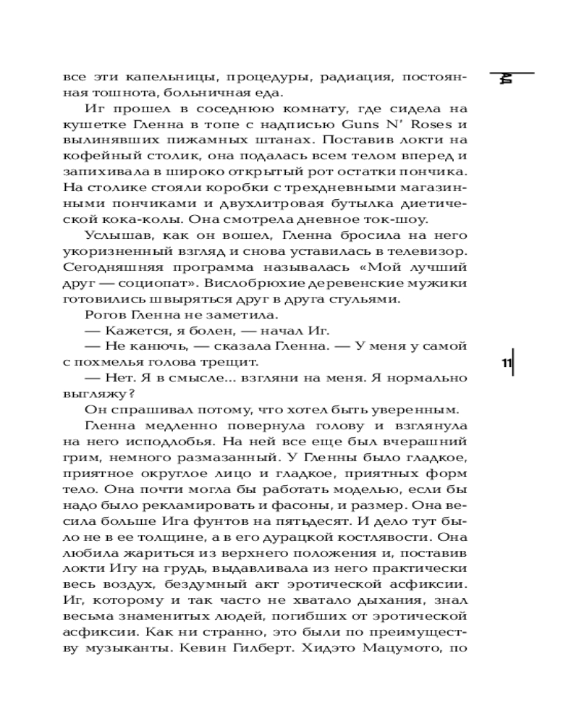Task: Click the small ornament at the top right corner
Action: point(507,80)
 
